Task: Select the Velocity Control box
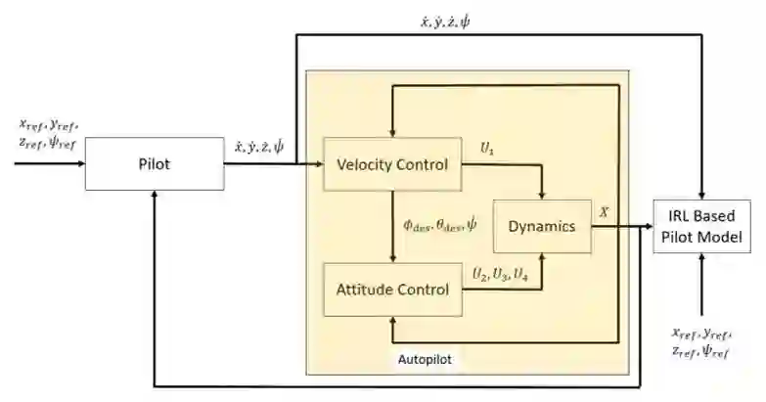tap(392, 164)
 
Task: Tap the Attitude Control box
tap(392, 290)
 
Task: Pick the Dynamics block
tap(541, 226)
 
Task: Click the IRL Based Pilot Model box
tap(702, 226)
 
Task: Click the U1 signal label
tap(486, 147)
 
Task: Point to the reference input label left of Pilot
tap(46, 134)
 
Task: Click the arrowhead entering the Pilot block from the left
tap(80, 164)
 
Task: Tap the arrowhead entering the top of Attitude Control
tap(392, 260)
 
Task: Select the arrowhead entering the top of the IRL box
tap(702, 195)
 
